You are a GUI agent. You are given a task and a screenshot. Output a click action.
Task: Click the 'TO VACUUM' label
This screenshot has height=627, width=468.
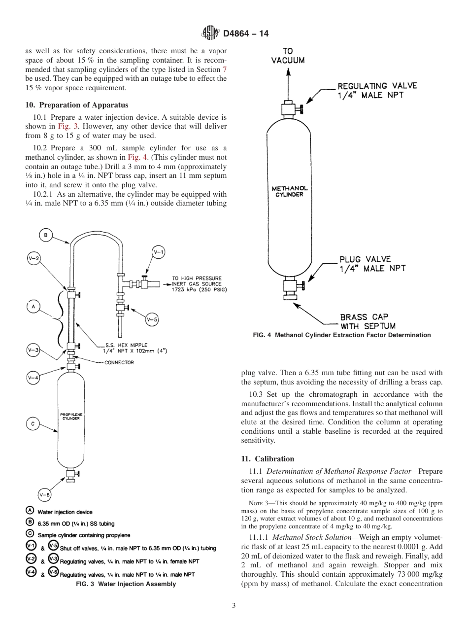[x=288, y=56]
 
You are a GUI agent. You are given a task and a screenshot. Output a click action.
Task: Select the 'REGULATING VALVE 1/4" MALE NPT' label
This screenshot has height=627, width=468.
[x=377, y=90]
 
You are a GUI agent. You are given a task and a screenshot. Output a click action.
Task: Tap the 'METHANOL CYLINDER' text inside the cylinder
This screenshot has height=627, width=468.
[x=290, y=191]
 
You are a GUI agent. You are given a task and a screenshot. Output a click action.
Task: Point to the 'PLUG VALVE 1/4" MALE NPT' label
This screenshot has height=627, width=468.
[x=372, y=264]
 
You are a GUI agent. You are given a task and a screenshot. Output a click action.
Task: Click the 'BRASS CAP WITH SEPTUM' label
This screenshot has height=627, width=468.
[x=368, y=321]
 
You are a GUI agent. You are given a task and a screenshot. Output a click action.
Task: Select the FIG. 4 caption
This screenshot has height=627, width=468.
[x=341, y=335]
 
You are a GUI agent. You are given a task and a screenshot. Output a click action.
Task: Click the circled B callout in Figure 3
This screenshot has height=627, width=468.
[x=45, y=236]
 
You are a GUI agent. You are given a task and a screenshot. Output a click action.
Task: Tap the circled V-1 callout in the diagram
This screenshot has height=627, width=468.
[x=159, y=252]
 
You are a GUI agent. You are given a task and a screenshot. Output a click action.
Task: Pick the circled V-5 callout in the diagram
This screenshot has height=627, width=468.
[x=152, y=319]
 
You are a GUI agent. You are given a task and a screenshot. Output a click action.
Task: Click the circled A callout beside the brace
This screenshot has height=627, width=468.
[x=33, y=307]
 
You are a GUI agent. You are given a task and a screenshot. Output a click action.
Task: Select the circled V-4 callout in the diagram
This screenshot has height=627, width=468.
[x=33, y=378]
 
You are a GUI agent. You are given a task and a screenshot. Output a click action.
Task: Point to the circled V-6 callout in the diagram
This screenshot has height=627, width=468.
[x=45, y=494]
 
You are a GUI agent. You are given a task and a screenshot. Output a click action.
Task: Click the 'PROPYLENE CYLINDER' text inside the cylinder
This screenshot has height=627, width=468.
[x=71, y=417]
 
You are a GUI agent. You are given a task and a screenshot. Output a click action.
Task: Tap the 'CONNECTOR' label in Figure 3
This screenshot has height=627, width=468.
[x=119, y=362]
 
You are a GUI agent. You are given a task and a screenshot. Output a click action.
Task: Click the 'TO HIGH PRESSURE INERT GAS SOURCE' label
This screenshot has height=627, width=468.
[x=197, y=284]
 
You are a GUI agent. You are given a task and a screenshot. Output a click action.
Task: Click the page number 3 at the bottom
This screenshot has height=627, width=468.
[x=234, y=606]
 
